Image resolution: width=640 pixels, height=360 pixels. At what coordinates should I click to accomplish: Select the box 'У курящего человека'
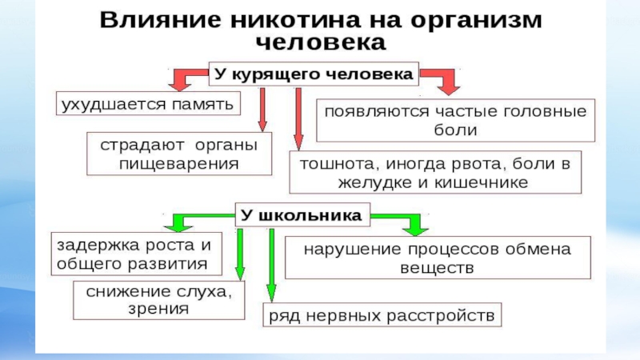[x=313, y=74]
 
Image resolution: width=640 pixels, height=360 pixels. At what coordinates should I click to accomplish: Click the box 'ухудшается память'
[x=147, y=104]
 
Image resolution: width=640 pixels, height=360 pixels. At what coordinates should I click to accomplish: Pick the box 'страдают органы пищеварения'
[x=178, y=154]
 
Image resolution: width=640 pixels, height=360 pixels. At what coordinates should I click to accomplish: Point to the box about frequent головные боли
[x=455, y=119]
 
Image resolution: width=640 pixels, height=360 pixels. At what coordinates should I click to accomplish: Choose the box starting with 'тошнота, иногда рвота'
[x=435, y=174]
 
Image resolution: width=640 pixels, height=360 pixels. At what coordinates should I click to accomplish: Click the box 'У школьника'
[x=301, y=214]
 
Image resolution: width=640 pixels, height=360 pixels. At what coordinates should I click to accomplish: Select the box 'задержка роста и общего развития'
[x=133, y=253]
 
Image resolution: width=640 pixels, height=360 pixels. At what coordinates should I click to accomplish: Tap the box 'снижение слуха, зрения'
[x=154, y=300]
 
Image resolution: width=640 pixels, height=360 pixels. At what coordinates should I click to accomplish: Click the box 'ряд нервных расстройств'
[x=383, y=314]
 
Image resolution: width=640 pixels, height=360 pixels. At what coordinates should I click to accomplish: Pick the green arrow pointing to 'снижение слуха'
[x=239, y=254]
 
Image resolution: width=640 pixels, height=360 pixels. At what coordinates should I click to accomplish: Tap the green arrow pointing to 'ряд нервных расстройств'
[x=272, y=264]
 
